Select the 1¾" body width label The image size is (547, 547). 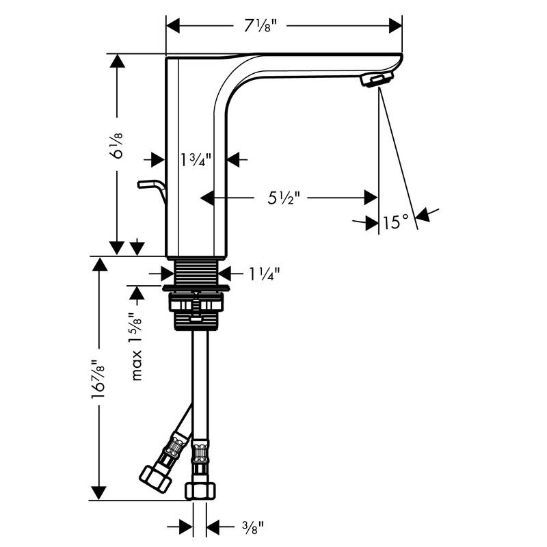point(196,160)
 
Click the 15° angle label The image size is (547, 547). point(396,222)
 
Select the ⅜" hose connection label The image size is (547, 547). point(252,526)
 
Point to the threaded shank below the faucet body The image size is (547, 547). point(196,271)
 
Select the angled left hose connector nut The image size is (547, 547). point(155,476)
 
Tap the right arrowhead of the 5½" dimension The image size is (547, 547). point(371,198)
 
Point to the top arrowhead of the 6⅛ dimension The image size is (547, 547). point(118,62)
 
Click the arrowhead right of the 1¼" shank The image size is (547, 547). point(225,273)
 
